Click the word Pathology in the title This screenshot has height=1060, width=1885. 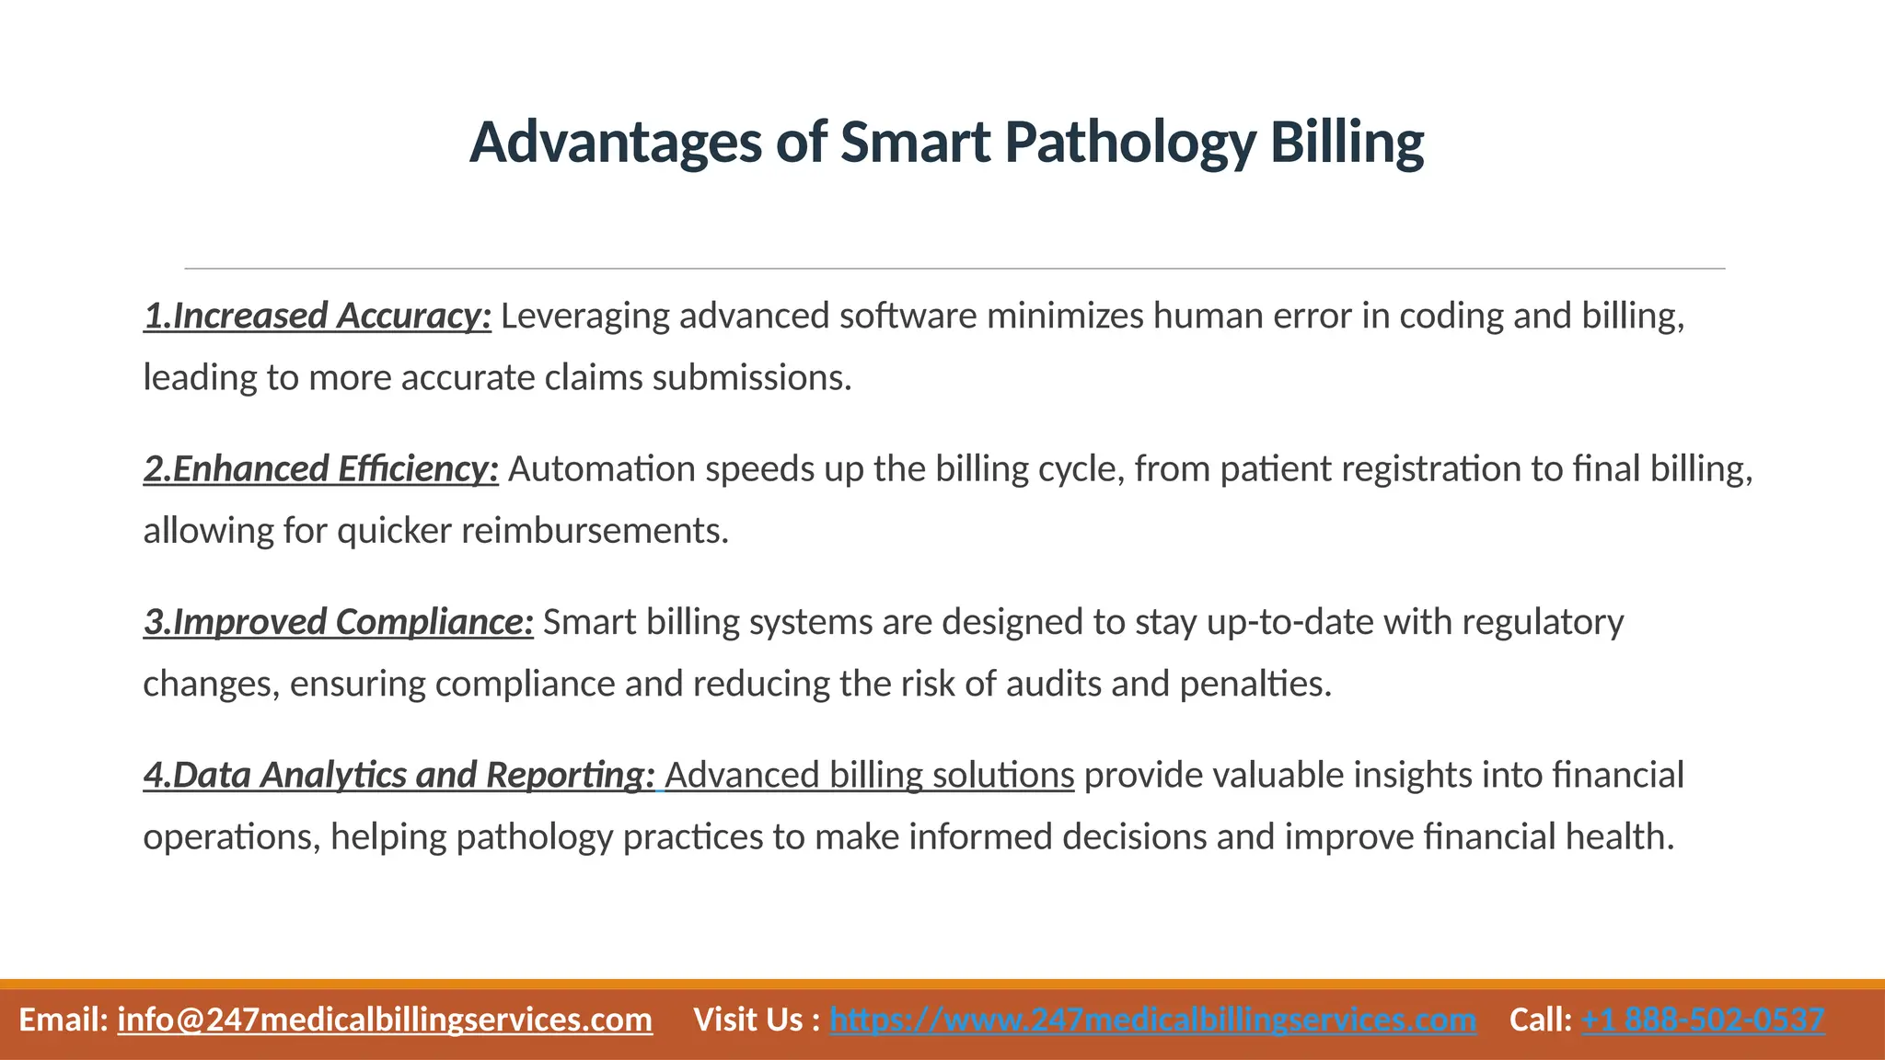pos(1129,144)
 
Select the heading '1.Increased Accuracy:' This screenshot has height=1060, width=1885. pos(318,316)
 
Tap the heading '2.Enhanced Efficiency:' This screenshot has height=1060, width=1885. pos(321,469)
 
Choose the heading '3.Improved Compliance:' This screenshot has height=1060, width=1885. pos(338,622)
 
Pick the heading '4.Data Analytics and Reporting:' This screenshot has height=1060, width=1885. pos(399,776)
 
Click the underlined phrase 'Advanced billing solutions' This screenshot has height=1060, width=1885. pos(869,776)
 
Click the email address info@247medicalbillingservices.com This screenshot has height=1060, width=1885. pos(385,1020)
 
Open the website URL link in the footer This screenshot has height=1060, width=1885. pos(1152,1020)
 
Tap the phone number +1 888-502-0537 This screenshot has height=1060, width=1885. pos(1703,1020)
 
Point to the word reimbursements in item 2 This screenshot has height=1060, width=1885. pos(595,531)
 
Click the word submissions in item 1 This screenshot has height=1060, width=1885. pos(752,377)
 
